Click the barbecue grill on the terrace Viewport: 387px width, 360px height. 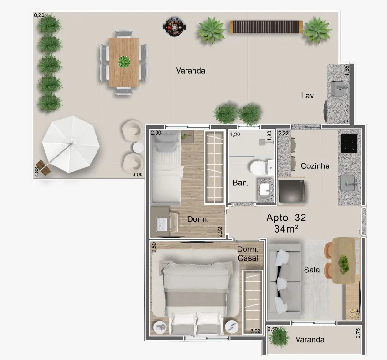[x=174, y=26]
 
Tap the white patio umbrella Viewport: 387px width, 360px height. [x=71, y=144]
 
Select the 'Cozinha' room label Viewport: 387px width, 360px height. [x=315, y=166]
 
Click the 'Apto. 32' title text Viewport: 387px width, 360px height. [x=286, y=217]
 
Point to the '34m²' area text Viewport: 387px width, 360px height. [x=286, y=229]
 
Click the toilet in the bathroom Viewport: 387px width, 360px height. [x=261, y=168]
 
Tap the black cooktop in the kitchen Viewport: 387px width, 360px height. [x=349, y=143]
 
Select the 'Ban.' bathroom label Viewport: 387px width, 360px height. [x=241, y=183]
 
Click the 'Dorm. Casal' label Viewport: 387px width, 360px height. [x=247, y=254]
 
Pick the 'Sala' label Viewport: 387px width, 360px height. [x=312, y=270]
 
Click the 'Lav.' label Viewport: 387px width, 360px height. [x=308, y=96]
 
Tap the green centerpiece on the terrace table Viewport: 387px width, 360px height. [x=124, y=62]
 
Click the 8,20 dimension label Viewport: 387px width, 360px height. [x=39, y=15]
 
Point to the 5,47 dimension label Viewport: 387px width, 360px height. [x=343, y=121]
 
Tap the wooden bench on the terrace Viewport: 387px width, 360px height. [x=266, y=27]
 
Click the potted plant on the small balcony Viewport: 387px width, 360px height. [x=279, y=337]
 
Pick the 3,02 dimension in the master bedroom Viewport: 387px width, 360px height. [x=255, y=331]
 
